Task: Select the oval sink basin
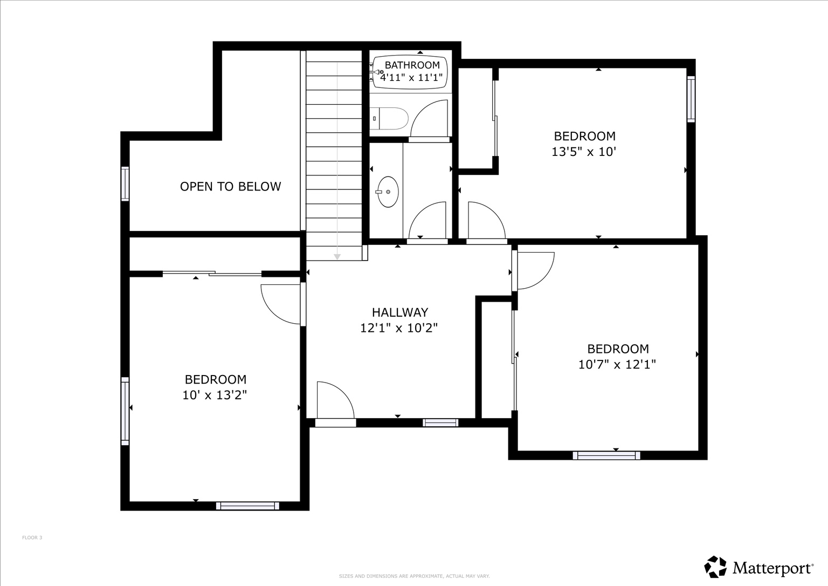[x=388, y=192]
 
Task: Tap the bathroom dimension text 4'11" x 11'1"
[x=411, y=78]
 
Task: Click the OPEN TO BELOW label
[x=230, y=187]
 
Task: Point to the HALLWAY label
[x=399, y=312]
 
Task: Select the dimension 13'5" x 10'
[x=584, y=152]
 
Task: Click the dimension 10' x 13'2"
[x=215, y=395]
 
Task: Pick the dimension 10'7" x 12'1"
[x=617, y=364]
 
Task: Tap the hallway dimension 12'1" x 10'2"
[x=399, y=328]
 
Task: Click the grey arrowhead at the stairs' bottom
[x=337, y=257]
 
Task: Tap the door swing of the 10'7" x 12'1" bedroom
[x=534, y=269]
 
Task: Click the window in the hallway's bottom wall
[x=440, y=423]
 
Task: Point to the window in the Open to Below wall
[x=125, y=184]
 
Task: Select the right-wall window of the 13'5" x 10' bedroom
[x=691, y=99]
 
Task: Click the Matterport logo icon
[x=715, y=567]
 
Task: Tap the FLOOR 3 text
[x=32, y=537]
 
